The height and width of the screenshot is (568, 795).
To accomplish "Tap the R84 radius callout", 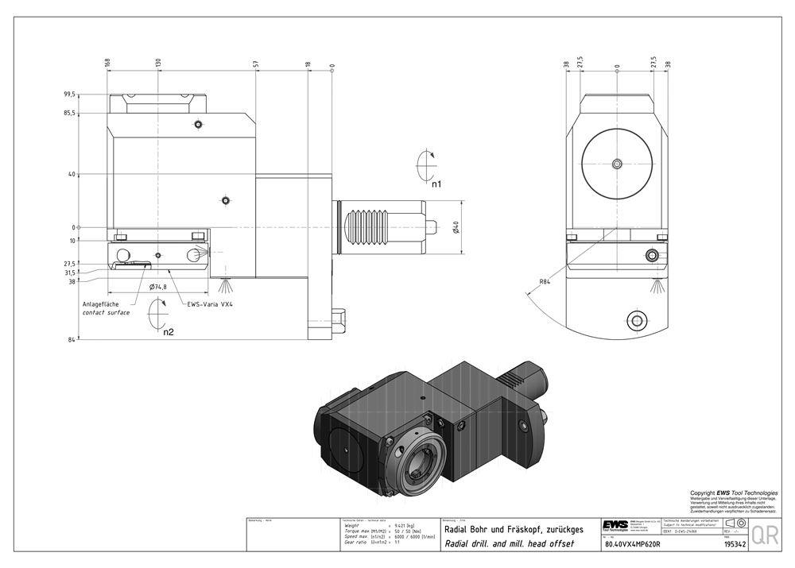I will pyautogui.click(x=545, y=281).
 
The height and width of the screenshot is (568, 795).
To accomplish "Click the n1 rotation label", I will pyautogui.click(x=436, y=184).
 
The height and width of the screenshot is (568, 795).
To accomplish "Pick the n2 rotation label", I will pyautogui.click(x=169, y=332).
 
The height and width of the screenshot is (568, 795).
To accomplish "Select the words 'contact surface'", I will pyautogui.click(x=106, y=313).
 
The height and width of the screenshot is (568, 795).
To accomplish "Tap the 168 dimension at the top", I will pyautogui.click(x=107, y=62).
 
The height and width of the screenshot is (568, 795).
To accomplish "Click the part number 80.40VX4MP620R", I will pyautogui.click(x=632, y=545).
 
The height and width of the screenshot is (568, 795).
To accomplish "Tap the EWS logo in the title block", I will pyautogui.click(x=615, y=525).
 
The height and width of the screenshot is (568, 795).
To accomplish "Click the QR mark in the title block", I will pyautogui.click(x=765, y=535).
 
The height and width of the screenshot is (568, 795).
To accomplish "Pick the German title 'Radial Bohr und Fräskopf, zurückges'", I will pyautogui.click(x=513, y=530).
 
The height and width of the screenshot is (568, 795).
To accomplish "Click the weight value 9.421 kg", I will pyautogui.click(x=396, y=525).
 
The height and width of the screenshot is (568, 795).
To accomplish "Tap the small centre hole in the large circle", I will pyautogui.click(x=617, y=164).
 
